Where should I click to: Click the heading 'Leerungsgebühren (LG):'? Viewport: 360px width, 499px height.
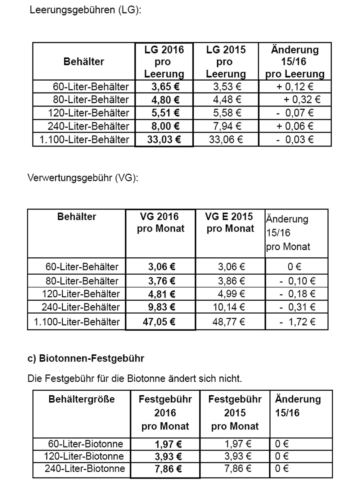click(x=85, y=10)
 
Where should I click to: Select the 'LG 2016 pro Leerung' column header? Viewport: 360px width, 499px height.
click(x=164, y=62)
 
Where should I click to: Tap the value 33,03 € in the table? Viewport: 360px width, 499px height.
click(x=164, y=139)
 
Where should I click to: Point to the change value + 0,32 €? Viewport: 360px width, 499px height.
click(x=302, y=100)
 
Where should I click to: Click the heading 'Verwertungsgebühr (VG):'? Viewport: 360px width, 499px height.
click(x=83, y=178)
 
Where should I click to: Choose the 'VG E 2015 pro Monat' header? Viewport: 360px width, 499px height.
click(x=230, y=222)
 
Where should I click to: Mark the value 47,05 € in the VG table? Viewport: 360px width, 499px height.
click(x=159, y=322)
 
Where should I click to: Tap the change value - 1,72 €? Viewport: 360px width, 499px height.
click(x=297, y=322)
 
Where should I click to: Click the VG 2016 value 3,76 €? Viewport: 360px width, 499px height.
click(x=162, y=281)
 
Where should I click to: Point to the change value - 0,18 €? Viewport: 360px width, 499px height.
click(x=297, y=294)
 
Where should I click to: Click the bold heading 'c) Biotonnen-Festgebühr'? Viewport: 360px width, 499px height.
click(x=86, y=359)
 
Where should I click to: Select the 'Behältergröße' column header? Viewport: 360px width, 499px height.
click(x=81, y=399)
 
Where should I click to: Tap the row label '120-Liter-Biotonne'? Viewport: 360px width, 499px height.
click(x=84, y=457)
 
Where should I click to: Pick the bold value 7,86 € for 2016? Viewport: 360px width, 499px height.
click(x=168, y=469)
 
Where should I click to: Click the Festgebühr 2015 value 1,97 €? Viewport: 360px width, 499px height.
click(x=238, y=444)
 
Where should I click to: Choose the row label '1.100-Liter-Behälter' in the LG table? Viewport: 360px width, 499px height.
click(x=84, y=140)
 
